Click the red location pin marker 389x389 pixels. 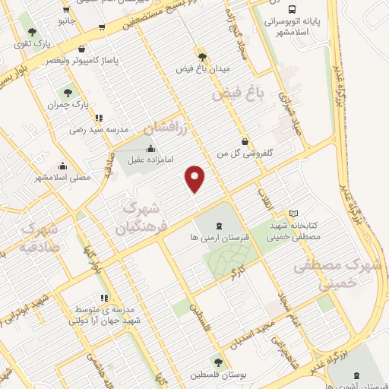195,179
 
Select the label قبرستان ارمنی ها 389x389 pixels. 218,237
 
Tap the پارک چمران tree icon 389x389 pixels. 68,93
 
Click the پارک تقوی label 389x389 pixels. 30,44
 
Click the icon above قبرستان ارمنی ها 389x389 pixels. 218,225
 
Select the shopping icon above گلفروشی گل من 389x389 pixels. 244,141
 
